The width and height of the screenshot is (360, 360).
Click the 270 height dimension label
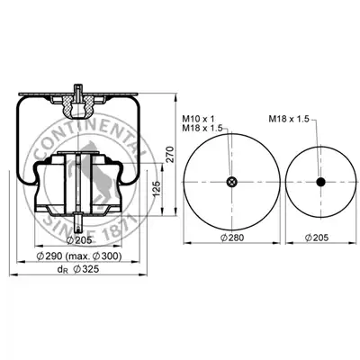(x=170, y=154)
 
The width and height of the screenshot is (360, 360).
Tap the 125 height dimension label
(x=157, y=189)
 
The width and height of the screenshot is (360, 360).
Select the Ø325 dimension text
(x=85, y=269)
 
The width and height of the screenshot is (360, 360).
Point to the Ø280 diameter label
(x=232, y=238)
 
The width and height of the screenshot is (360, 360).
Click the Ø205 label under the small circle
(x=317, y=238)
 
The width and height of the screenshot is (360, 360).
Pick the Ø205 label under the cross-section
(x=78, y=240)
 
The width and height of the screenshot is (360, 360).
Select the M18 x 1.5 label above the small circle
(x=289, y=119)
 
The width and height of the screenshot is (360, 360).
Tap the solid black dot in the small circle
(x=321, y=182)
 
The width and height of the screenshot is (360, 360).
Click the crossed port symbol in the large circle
(x=231, y=182)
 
